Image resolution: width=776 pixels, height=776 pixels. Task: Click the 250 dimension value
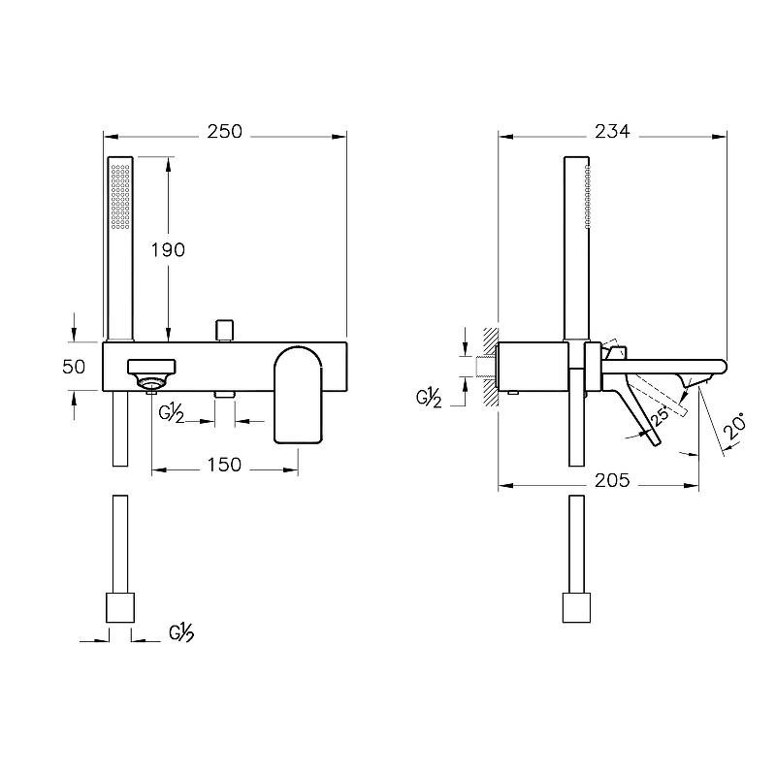225,132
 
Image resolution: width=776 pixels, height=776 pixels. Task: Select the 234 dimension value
612,132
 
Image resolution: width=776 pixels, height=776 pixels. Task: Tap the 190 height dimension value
168,250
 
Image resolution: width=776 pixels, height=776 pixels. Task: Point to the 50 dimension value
74,367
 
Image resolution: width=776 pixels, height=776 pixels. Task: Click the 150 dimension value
224,465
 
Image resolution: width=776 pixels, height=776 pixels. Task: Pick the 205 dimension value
612,480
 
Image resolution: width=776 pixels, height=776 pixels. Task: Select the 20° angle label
734,426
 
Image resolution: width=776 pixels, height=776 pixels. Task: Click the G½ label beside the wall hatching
429,398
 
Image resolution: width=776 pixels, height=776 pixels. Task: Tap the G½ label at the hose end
181,633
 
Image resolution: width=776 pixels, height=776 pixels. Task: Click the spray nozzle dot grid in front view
120,197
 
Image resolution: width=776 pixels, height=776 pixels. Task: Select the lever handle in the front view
299,395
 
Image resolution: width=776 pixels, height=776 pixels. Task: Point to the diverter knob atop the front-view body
224,331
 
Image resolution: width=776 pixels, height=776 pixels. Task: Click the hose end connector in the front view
120,608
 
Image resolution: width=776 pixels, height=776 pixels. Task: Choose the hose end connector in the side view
576,608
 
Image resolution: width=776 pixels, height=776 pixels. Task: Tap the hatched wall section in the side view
491,367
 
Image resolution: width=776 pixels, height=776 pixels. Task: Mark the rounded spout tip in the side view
722,367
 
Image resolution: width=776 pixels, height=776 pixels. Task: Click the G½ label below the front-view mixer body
172,414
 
